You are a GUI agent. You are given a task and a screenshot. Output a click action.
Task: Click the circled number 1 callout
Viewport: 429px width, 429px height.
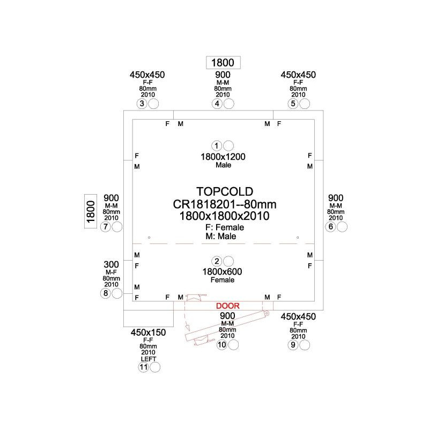(217, 146)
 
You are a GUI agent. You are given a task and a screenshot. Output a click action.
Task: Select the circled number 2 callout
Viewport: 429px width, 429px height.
(217, 261)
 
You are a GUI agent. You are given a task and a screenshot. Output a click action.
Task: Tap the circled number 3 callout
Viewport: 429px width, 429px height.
(142, 103)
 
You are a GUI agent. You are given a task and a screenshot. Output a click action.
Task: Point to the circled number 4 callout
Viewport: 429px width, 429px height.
(217, 103)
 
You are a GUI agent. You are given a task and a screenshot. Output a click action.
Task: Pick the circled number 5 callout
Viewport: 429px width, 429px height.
(293, 103)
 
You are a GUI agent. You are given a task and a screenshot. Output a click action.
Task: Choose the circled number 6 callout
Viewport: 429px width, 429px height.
(330, 226)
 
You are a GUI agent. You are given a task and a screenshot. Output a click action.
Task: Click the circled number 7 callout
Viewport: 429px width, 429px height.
(105, 226)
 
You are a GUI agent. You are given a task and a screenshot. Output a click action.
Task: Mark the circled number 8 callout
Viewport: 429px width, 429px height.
(105, 293)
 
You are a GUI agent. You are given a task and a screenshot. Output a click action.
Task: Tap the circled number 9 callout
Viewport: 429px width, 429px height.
(293, 345)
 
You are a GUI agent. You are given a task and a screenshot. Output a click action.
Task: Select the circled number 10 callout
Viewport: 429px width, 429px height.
(221, 345)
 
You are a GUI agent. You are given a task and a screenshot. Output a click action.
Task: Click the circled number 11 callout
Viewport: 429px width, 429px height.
(143, 367)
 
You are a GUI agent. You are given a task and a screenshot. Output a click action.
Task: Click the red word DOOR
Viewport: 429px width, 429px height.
(227, 306)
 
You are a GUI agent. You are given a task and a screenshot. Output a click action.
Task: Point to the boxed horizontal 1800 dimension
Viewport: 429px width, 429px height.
(223, 63)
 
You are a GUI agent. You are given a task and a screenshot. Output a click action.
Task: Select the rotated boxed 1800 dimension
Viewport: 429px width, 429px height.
(91, 211)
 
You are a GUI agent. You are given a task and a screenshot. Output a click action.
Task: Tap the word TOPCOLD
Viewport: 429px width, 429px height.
(225, 191)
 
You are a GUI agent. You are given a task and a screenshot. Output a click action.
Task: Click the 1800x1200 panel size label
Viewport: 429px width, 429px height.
(223, 157)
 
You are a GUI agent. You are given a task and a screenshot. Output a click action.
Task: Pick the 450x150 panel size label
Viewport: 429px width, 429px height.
(148, 332)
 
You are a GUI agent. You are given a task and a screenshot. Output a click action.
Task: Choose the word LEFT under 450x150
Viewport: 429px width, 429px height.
(149, 359)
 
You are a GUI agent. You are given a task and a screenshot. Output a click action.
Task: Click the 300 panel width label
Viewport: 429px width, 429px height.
(111, 264)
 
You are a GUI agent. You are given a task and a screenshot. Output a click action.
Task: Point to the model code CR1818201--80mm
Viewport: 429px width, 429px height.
(225, 204)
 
